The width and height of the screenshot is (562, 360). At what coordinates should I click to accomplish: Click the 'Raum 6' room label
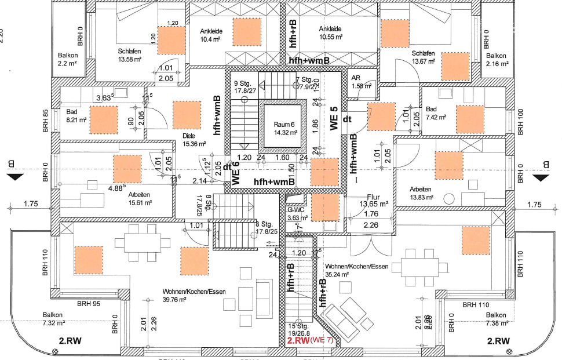pos(284,124)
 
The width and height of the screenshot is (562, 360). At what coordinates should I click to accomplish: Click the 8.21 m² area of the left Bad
pos(76,120)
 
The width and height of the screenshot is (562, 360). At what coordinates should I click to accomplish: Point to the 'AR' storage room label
pos(356,79)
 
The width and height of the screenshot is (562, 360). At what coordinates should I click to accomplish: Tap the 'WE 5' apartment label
pos(334,119)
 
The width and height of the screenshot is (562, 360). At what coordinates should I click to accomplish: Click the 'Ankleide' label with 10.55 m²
pos(330,28)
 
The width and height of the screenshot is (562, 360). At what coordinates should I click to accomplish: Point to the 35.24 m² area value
pos(338,274)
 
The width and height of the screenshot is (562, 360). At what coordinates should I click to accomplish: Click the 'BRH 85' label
pos(47,122)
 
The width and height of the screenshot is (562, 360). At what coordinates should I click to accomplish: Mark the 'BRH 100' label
pos(520,122)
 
